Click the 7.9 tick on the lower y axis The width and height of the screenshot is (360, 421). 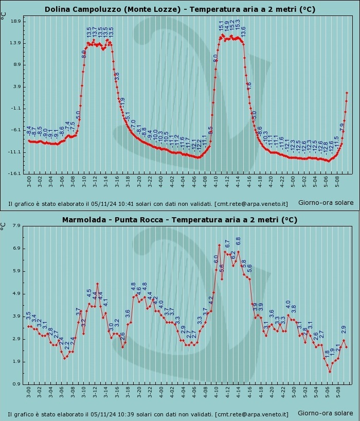click(x=16, y=225)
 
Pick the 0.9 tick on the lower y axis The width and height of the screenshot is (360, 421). click(x=16, y=384)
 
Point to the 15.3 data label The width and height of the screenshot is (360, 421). click(x=238, y=25)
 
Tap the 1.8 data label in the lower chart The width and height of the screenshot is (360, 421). click(x=327, y=354)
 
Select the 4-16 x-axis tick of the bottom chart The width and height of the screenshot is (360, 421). click(x=249, y=392)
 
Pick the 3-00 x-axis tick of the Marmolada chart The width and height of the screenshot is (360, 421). click(x=29, y=392)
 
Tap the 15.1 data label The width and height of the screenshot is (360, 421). click(x=222, y=25)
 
